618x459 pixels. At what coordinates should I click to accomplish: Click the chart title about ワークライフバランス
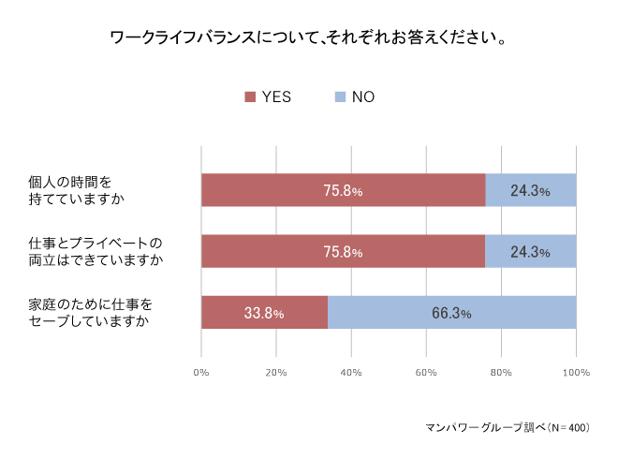[309, 39]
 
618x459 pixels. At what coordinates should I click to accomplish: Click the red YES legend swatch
[250, 96]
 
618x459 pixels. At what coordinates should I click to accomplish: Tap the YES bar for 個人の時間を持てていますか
[343, 190]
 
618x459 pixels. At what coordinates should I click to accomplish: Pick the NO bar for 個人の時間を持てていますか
[531, 190]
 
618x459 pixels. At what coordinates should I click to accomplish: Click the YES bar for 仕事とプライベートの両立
[343, 251]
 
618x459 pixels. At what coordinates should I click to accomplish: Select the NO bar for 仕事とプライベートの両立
[531, 251]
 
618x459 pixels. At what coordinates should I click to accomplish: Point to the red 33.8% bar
[264, 313]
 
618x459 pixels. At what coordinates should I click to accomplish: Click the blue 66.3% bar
[451, 313]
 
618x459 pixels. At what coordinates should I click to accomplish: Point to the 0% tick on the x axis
[201, 373]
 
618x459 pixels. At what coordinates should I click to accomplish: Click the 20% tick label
[276, 373]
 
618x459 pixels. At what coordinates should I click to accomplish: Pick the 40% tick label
[351, 373]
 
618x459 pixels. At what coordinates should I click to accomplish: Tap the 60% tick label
[426, 373]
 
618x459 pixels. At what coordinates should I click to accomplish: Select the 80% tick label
[501, 373]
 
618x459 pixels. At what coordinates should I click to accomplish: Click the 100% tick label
[576, 373]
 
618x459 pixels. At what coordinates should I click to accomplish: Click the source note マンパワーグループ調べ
[507, 427]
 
